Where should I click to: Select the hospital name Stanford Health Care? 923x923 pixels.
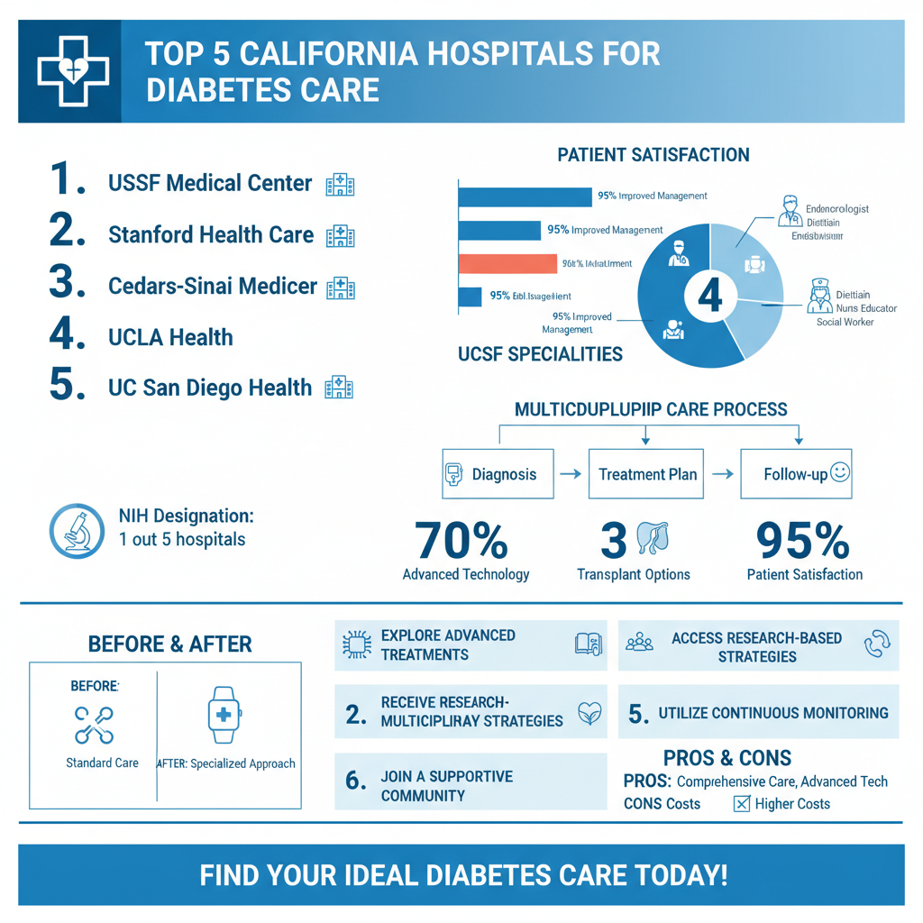point(211,235)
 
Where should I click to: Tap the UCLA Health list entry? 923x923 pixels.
point(170,338)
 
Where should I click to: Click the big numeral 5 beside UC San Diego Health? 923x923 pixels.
point(67,385)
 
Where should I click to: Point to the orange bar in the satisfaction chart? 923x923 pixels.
point(507,263)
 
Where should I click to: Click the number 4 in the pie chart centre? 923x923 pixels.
point(709,295)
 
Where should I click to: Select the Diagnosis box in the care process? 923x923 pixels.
point(497,473)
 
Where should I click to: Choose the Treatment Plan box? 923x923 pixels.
point(647,473)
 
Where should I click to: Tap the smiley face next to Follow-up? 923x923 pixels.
point(840,471)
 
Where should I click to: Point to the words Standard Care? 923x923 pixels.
point(102,763)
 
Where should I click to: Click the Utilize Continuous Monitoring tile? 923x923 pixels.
point(758,714)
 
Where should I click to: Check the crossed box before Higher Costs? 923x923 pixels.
point(742,804)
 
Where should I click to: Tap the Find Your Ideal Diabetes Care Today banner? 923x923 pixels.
point(461,874)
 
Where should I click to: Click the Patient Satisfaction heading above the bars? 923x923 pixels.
point(653,155)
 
